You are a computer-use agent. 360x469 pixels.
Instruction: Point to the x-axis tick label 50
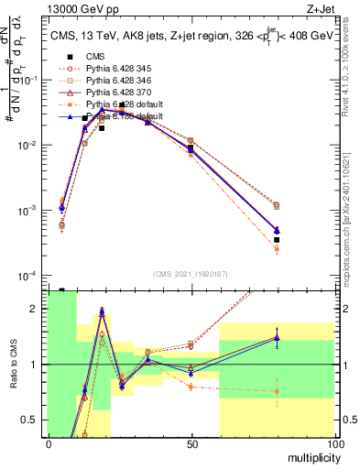191,444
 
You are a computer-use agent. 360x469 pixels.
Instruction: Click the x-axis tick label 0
49,444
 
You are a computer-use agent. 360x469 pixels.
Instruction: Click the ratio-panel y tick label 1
36,365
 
